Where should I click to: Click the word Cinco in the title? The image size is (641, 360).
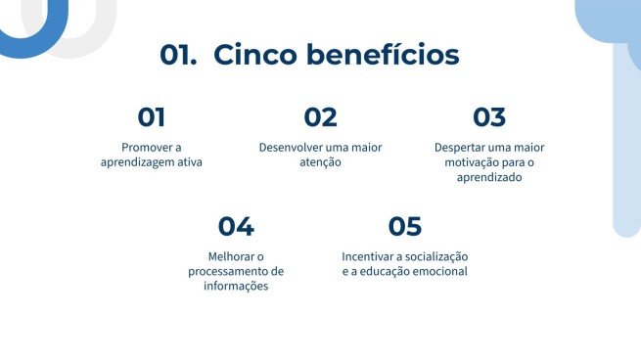point(255,55)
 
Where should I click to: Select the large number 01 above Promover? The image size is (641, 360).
point(151,117)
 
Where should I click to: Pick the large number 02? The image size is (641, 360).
point(320,117)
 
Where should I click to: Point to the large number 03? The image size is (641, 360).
point(489,117)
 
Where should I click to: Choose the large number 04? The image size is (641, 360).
point(236,227)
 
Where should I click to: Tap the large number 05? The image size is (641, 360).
point(404,227)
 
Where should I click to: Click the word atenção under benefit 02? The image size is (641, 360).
point(320,162)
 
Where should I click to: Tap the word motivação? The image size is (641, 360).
point(470,162)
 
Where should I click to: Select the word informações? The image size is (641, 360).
point(236,286)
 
